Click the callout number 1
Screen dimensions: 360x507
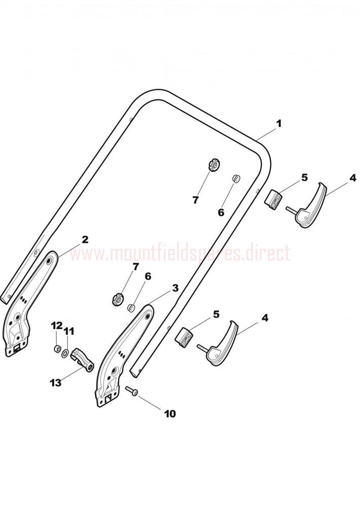coord(278,124)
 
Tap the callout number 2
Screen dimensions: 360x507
coord(84,240)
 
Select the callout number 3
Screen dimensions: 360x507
coord(175,288)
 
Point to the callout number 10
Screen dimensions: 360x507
coord(170,413)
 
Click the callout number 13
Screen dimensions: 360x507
coord(56,383)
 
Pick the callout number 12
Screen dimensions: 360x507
coord(57,325)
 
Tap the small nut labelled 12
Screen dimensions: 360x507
coord(57,349)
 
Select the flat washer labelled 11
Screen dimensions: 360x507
coord(64,352)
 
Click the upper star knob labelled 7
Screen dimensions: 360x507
coord(214,166)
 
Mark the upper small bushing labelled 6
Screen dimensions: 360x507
coord(236,178)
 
